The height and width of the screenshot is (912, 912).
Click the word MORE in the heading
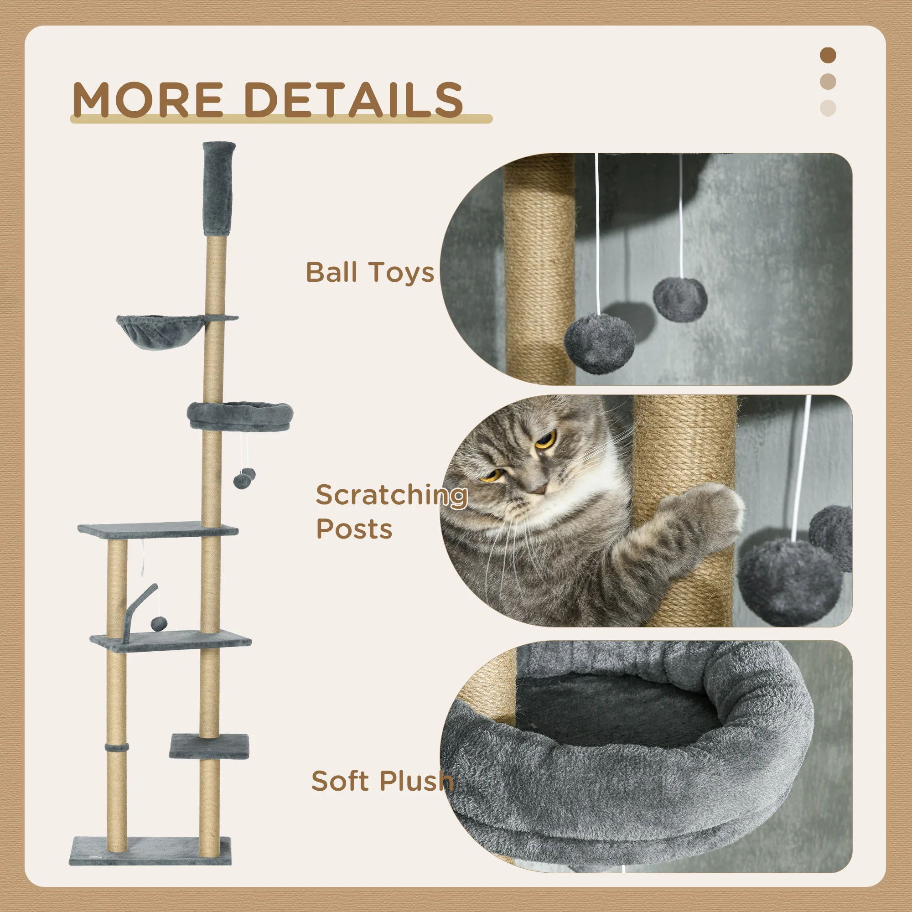pyautogui.click(x=148, y=99)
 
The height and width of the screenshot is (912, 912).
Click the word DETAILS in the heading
pyautogui.click(x=354, y=99)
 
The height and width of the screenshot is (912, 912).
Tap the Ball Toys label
pyautogui.click(x=370, y=272)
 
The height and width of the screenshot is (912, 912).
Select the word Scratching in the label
pyautogui.click(x=392, y=495)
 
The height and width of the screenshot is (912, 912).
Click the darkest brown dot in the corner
pyautogui.click(x=828, y=55)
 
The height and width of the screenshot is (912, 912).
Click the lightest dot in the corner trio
pyautogui.click(x=828, y=108)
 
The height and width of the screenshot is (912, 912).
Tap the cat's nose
pyautogui.click(x=538, y=489)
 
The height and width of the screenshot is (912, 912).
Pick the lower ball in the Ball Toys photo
pyautogui.click(x=600, y=343)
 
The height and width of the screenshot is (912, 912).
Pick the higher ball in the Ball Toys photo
pyautogui.click(x=680, y=299)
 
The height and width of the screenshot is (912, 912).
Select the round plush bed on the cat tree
pyautogui.click(x=240, y=415)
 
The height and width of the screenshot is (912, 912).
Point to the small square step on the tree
pyautogui.click(x=209, y=746)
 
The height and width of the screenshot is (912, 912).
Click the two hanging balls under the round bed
pyautogui.click(x=244, y=478)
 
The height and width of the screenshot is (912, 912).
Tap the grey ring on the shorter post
pyautogui.click(x=117, y=748)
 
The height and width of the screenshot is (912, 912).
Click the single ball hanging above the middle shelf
pyautogui.click(x=159, y=623)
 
